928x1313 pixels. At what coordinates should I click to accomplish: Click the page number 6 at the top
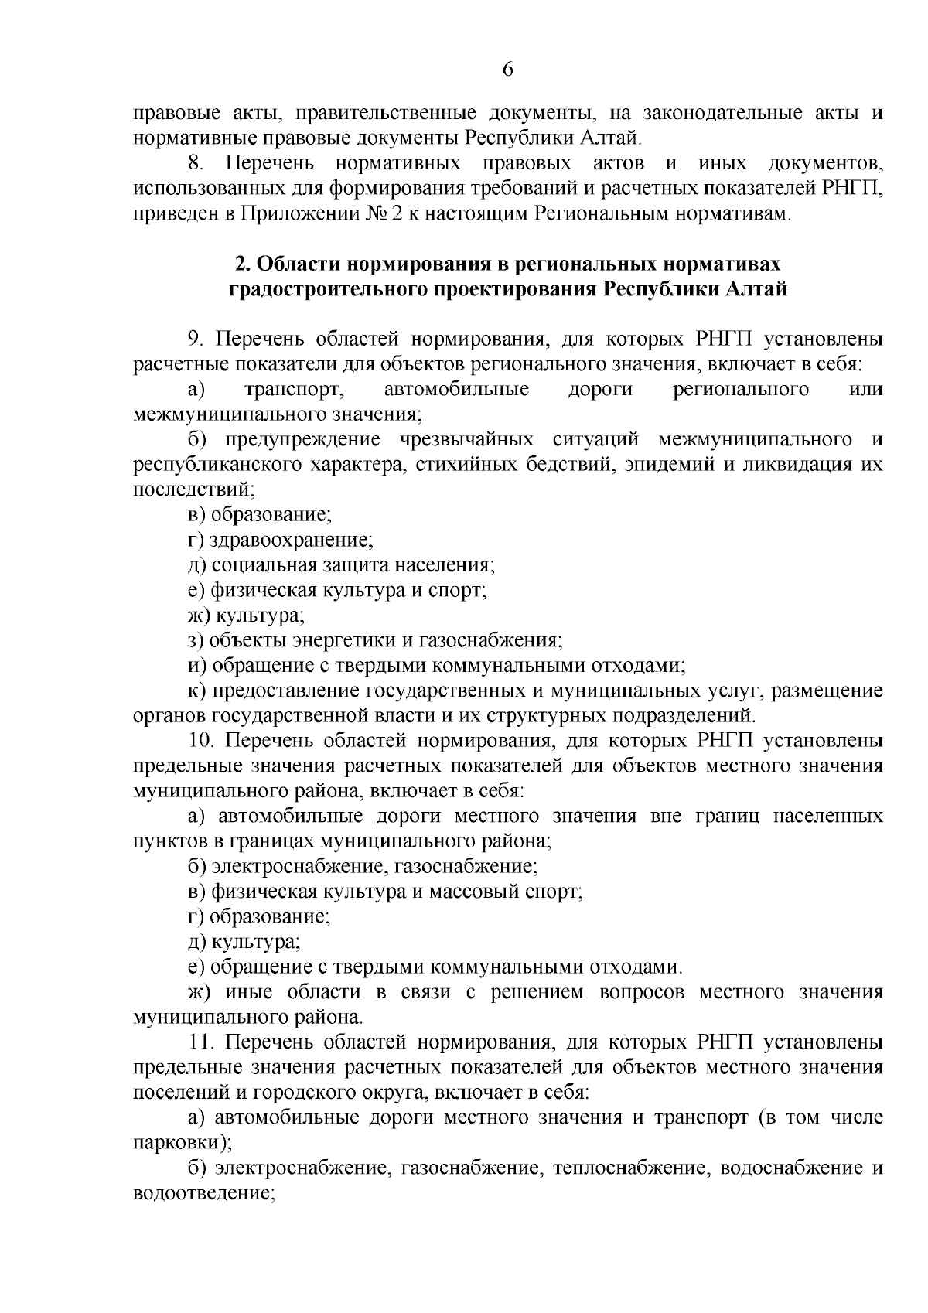click(x=507, y=70)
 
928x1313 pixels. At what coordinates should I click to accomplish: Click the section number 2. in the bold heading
click(x=242, y=264)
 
